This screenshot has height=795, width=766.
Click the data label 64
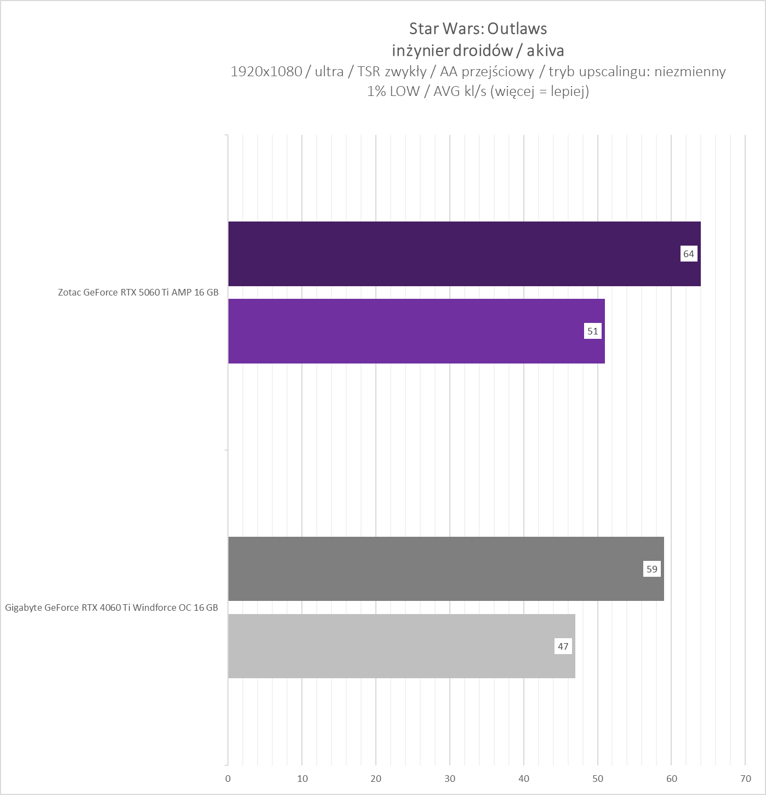688,254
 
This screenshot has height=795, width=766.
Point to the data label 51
592,331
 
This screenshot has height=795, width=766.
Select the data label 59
651,569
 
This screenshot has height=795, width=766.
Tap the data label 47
563,646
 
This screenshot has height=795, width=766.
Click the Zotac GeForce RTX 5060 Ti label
138,292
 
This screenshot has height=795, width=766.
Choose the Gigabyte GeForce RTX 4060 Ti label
111,607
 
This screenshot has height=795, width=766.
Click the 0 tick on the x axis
228,779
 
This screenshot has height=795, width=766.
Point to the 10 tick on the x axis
302,779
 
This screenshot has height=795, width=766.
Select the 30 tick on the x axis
450,779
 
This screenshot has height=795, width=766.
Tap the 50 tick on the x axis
598,779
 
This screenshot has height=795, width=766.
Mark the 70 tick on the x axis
745,779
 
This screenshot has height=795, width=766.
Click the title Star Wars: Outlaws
478,29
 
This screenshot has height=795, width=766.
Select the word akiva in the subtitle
545,51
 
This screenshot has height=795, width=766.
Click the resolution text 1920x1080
266,71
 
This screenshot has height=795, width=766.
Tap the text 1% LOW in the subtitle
393,91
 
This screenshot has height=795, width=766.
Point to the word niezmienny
690,71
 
